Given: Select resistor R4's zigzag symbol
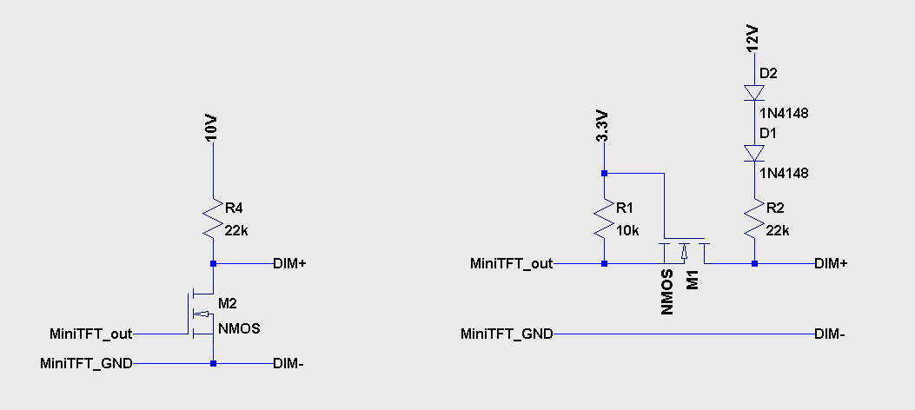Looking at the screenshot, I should point(213,220).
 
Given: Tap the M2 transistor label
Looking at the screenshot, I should point(227,303).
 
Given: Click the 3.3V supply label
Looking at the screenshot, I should point(600,128).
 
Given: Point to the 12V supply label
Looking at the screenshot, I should point(753,38).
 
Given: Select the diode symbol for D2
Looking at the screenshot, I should point(754,93).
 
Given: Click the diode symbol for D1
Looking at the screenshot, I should point(754,154).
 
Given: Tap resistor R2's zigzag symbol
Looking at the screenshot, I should point(754,220).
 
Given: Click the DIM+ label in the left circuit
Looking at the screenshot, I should point(289,263).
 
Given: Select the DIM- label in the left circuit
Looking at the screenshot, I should point(288,364).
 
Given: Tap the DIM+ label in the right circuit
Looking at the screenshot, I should point(831,263).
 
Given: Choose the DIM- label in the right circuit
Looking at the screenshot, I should point(831,334).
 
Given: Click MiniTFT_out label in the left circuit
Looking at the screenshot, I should point(91,334).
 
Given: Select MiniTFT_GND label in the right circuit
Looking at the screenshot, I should point(507,334).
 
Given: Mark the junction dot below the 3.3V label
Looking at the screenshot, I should point(604,173).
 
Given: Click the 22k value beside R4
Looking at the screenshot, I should point(237,230).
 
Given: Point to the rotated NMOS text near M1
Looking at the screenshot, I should point(666,294).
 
